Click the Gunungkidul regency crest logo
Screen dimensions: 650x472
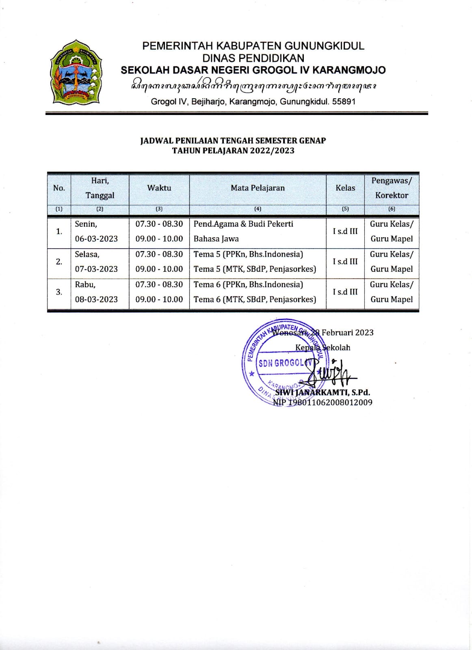point(76,72)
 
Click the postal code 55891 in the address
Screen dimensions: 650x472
point(344,102)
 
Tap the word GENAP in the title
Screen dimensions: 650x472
point(312,141)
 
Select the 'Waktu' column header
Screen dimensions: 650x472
point(159,188)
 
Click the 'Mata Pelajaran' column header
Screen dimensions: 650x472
point(258,188)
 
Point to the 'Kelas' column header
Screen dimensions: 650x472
point(345,188)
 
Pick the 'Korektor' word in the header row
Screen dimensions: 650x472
point(392,195)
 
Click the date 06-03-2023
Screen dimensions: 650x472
point(96,239)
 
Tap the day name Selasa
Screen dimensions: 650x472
point(87,254)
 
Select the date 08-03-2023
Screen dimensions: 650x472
point(96,299)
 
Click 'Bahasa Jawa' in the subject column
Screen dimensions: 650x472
point(216,239)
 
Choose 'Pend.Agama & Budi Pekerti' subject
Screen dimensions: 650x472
point(243,224)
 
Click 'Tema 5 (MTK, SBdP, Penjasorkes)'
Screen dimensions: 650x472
point(255,269)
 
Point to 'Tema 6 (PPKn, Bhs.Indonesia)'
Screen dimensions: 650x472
point(248,284)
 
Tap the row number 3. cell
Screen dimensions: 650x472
point(59,292)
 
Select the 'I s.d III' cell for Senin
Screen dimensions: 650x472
point(345,231)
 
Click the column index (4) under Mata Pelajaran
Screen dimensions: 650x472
point(258,209)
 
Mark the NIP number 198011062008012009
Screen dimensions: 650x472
point(329,403)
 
